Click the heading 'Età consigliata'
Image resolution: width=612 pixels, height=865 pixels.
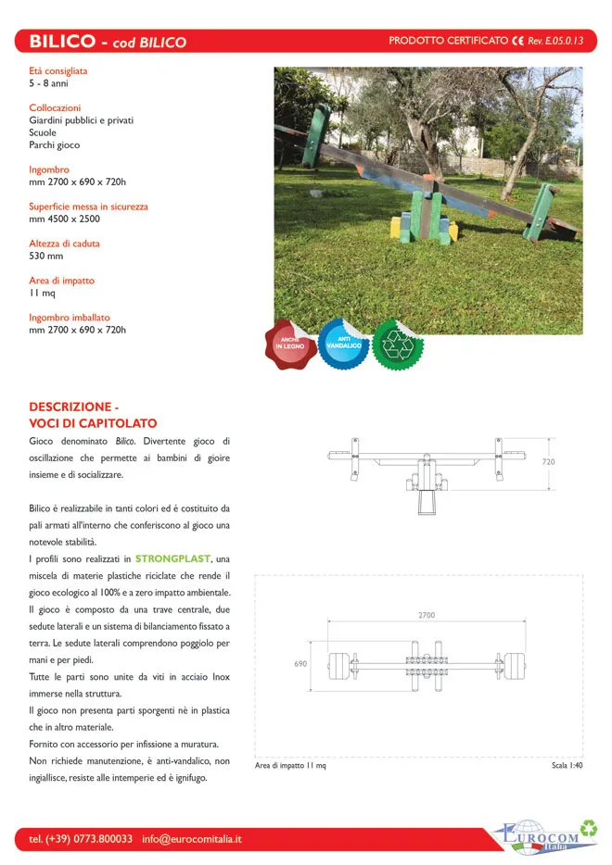pos(57,70)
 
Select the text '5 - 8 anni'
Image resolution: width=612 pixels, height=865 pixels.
pos(48,83)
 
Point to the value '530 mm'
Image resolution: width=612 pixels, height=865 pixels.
pos(46,257)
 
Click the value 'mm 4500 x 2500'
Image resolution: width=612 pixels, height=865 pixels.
pos(64,219)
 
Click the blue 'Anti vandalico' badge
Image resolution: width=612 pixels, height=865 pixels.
pos(344,344)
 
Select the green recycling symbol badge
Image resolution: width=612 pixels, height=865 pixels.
pos(398,344)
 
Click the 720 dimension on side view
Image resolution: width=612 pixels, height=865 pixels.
pos(548,460)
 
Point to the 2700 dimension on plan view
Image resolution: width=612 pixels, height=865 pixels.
pos(426,615)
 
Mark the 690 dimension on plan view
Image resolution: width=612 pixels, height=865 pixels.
pos(300,664)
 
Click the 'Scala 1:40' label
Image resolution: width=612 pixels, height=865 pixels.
pos(567,766)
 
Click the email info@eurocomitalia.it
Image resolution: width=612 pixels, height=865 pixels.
pos(192,839)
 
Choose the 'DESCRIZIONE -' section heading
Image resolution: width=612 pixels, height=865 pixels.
pos(74,407)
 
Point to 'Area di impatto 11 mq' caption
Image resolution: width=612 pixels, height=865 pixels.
pos(290,766)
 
